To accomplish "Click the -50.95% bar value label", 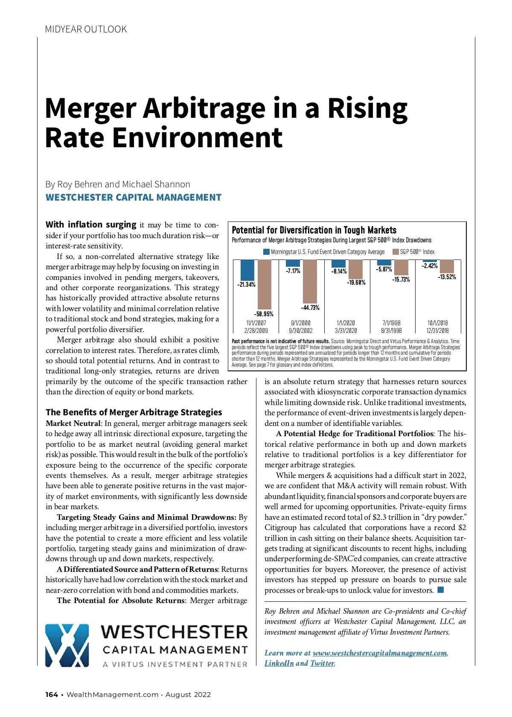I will coord(264,314).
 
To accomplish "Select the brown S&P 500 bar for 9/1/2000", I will coord(310,281).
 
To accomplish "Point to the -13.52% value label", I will coord(447,277).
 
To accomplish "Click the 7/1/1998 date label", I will coord(391,323).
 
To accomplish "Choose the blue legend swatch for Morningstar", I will coord(267,252).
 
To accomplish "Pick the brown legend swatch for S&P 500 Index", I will coord(396,252).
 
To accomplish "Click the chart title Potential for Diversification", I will coord(314,230).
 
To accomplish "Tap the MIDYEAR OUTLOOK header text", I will coord(86,29).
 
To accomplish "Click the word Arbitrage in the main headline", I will coord(204,108).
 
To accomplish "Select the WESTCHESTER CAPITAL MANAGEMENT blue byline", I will coord(134,198).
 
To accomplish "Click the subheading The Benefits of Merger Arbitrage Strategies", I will coord(134,412).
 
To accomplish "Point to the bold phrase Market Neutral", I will coord(73,423).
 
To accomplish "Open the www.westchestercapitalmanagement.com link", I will coord(380,653).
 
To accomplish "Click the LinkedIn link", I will coord(279,663).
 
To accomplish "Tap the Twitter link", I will coord(322,663).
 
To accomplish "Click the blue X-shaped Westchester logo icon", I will coord(67,645).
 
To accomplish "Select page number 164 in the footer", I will coord(52,694).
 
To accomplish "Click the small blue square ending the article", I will coord(441,590).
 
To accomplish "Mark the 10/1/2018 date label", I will coord(437,323).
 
